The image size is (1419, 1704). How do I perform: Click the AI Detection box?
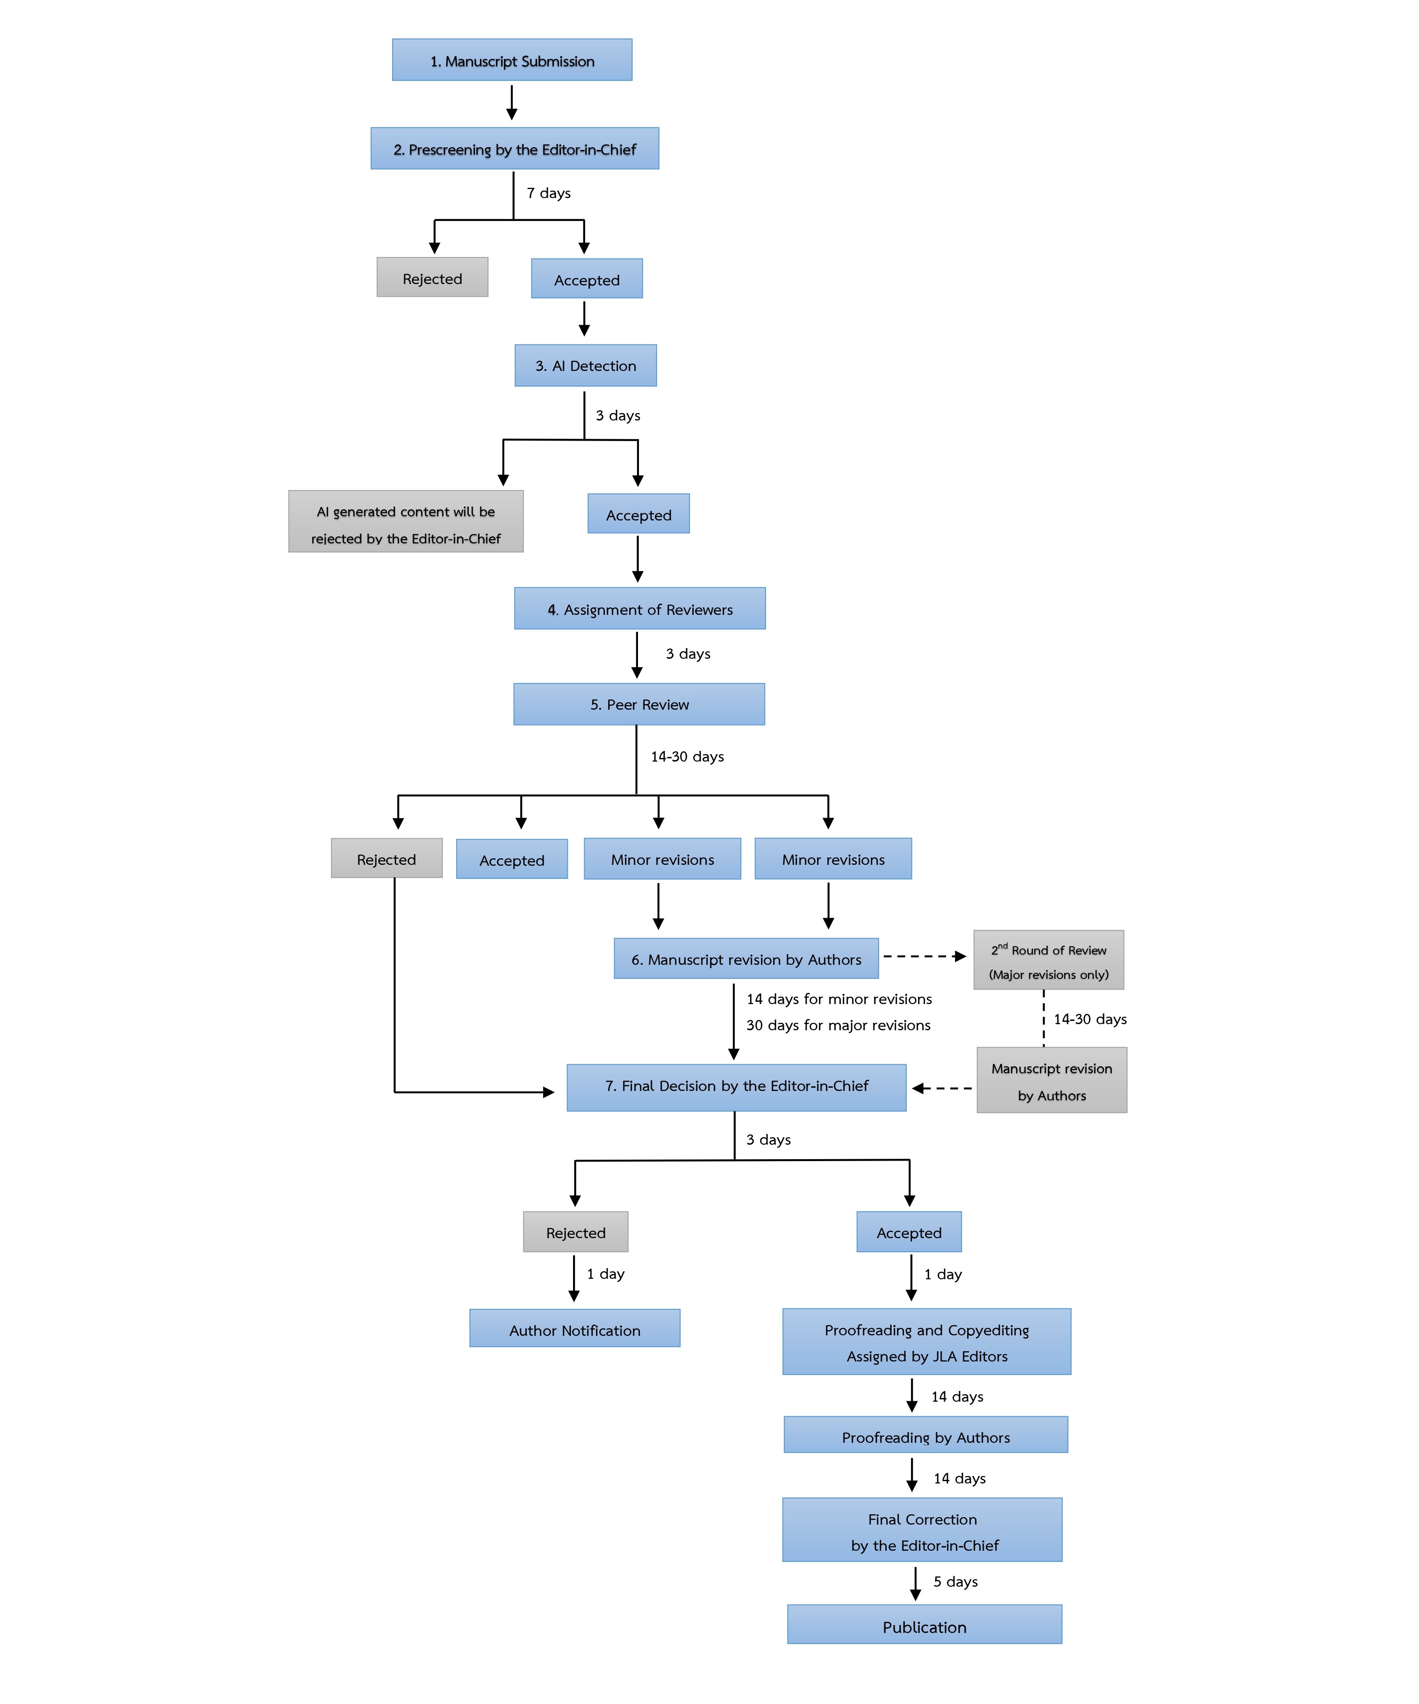585,365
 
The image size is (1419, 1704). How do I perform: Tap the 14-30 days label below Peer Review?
687,756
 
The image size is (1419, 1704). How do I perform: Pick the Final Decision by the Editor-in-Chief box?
736,1086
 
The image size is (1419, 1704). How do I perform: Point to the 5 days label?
955,1582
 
